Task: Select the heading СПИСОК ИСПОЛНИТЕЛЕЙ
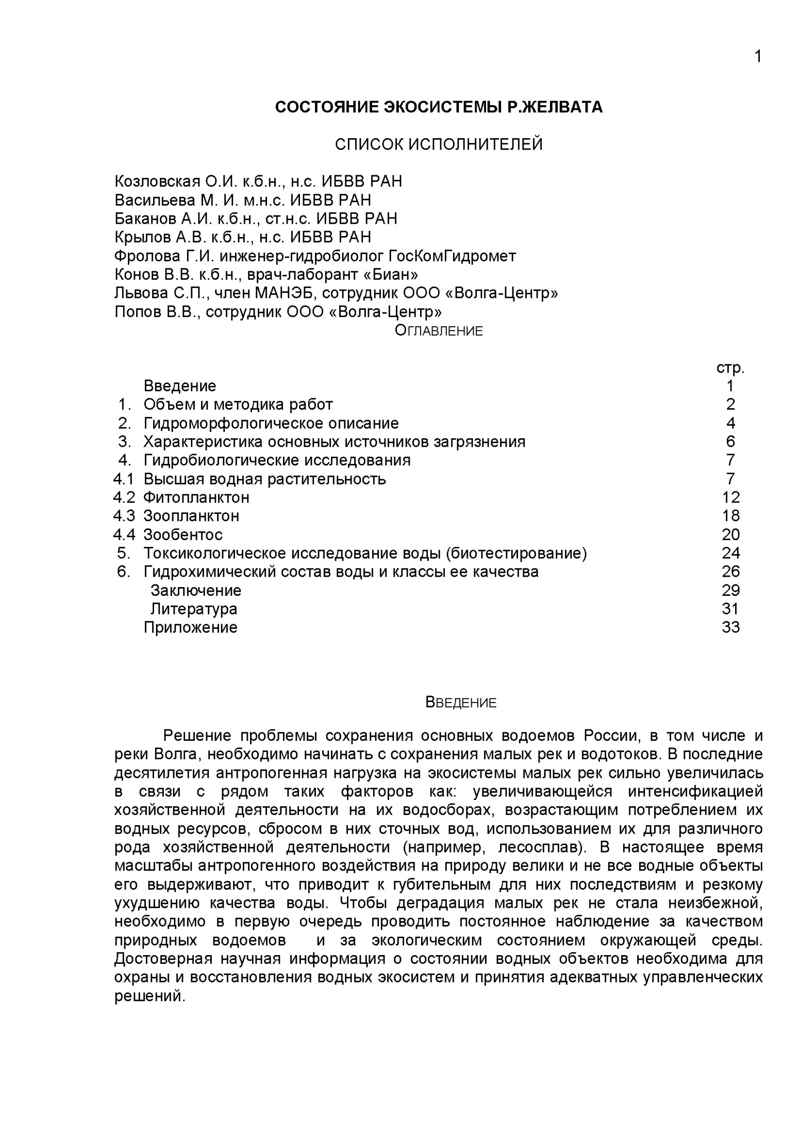(439, 144)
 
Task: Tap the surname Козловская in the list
(157, 182)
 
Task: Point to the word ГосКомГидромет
(452, 256)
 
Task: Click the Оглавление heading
(439, 331)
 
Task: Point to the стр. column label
(730, 368)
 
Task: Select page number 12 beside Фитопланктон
(731, 497)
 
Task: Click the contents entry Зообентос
(183, 535)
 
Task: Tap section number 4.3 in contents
(124, 516)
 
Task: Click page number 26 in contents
(731, 572)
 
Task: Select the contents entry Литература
(194, 609)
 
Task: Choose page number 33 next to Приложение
(731, 627)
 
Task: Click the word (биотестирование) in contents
(516, 553)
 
